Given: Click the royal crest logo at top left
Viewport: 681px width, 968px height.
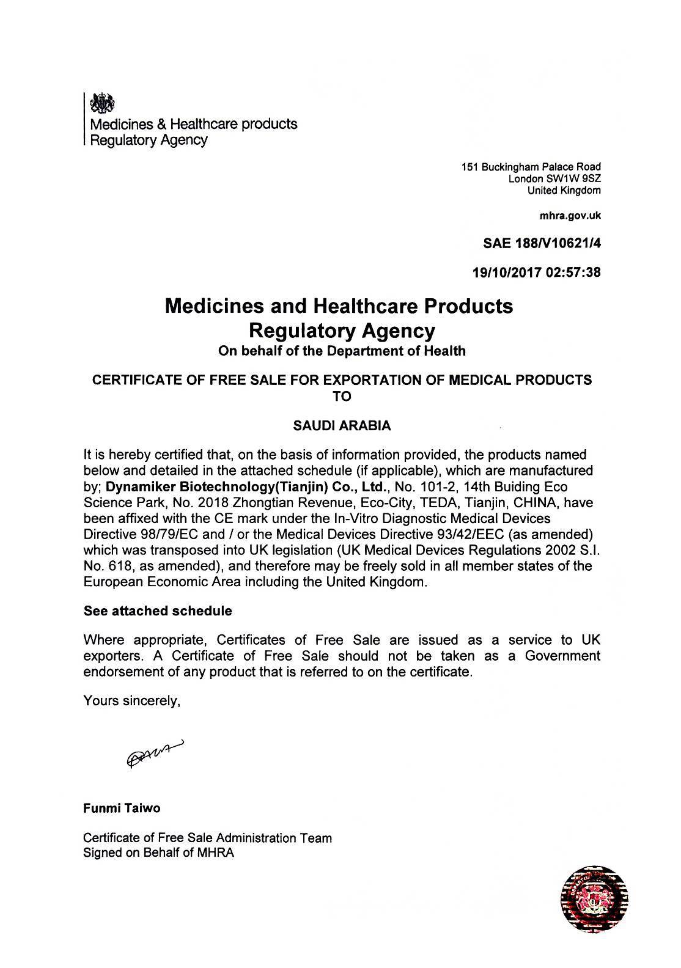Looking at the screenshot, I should [x=101, y=103].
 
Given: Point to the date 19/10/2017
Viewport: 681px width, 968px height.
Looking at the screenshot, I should [x=507, y=273].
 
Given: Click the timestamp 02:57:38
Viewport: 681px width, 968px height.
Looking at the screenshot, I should [x=573, y=273].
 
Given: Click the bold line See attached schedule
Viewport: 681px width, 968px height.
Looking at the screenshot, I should [x=157, y=610].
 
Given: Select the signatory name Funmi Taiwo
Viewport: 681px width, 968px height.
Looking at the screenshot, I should [x=122, y=808].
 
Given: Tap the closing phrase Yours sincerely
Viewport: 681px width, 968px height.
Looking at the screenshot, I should [x=131, y=700].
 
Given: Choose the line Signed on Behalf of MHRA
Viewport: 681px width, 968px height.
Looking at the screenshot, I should [x=158, y=853].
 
